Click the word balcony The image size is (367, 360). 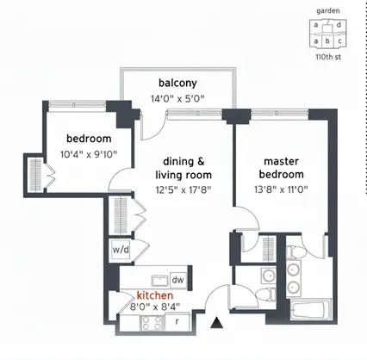pyautogui.click(x=177, y=83)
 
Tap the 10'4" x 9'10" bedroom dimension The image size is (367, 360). pyautogui.click(x=90, y=155)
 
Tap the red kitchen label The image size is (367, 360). pyautogui.click(x=155, y=295)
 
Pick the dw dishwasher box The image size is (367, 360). pyautogui.click(x=178, y=279)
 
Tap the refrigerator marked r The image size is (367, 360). pyautogui.click(x=177, y=322)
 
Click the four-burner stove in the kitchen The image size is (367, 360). pyautogui.click(x=152, y=324)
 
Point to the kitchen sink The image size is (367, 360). pyautogui.click(x=158, y=279)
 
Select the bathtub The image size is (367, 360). pyautogui.click(x=307, y=312)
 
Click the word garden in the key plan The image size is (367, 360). pyautogui.click(x=328, y=11)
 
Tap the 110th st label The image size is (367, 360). pyautogui.click(x=328, y=57)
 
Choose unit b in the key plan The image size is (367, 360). pyautogui.click(x=328, y=40)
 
